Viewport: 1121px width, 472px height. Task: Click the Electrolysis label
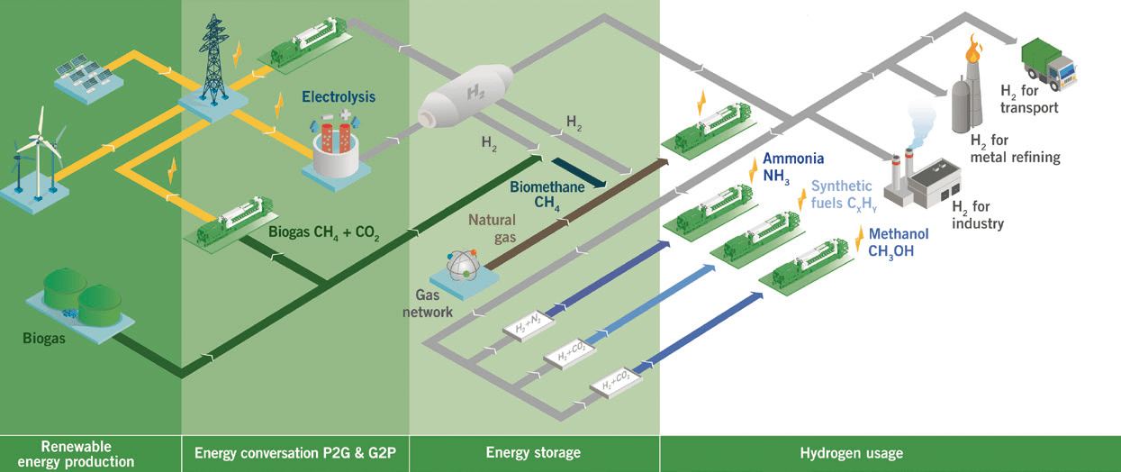pyautogui.click(x=339, y=96)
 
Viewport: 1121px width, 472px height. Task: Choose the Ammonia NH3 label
pyautogui.click(x=793, y=167)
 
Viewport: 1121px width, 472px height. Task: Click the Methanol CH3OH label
pyautogui.click(x=899, y=242)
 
